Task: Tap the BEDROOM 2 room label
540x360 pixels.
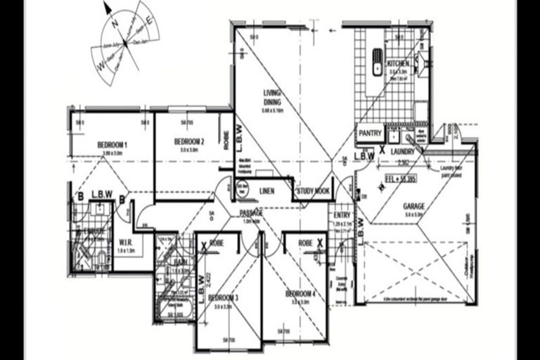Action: coord(190,141)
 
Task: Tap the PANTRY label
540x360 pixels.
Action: coord(370,133)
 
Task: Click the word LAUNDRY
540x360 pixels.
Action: coord(404,150)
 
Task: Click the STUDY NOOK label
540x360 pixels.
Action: coord(313,191)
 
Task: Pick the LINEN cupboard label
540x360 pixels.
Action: coord(266,191)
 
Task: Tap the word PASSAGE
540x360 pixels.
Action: coord(251,212)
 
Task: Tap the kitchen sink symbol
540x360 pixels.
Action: coord(376,56)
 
